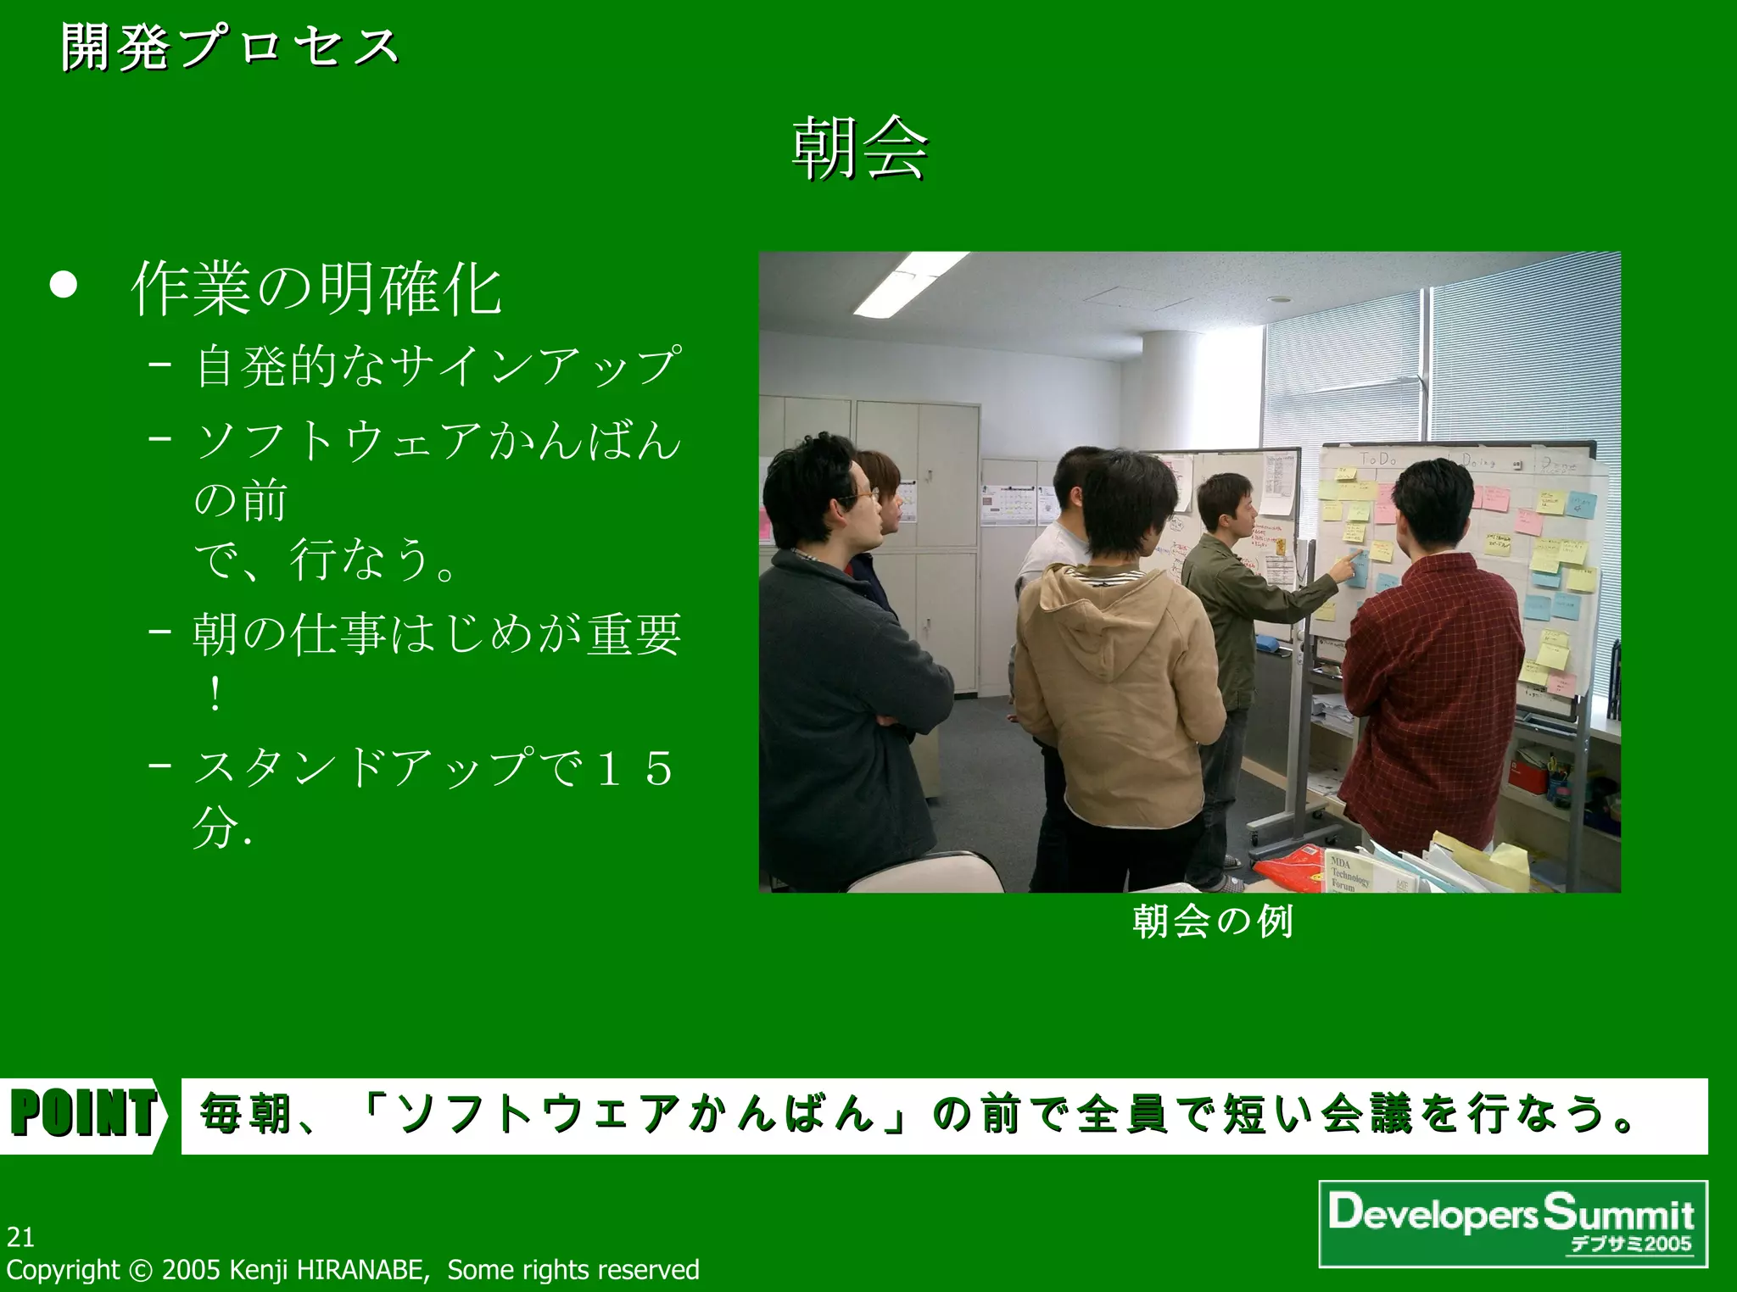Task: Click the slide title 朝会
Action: pos(859,148)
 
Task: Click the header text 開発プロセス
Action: pos(229,47)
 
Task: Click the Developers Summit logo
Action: pos(1512,1222)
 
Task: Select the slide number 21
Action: pos(20,1238)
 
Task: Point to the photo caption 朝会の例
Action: pos(1213,922)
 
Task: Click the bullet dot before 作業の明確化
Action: pos(64,286)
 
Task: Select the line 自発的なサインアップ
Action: pos(438,366)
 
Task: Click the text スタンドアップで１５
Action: pos(433,767)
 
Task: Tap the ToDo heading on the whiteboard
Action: pos(1378,459)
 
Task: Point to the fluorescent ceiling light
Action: pos(912,284)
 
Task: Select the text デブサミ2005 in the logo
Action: pos(1630,1245)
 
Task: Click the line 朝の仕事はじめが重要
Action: pos(437,634)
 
